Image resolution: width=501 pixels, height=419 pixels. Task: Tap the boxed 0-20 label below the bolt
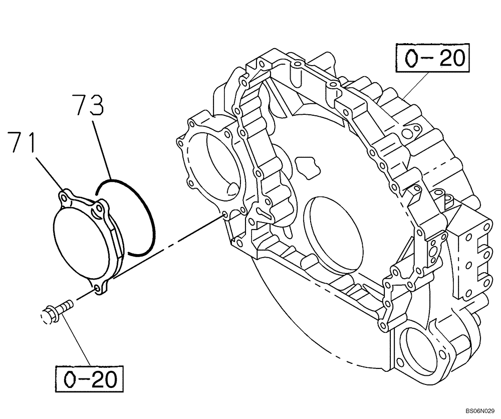90,378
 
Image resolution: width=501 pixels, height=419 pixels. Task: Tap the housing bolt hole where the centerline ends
224,215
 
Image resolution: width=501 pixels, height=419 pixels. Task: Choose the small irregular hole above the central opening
306,165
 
